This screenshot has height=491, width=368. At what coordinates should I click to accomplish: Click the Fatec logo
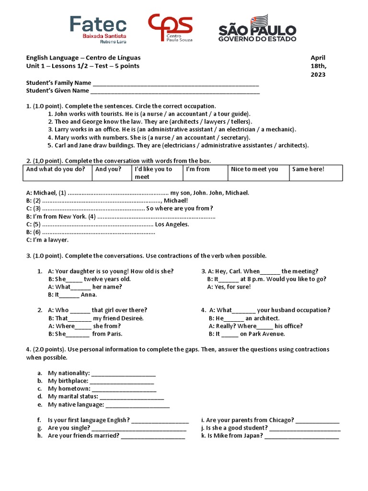[98, 29]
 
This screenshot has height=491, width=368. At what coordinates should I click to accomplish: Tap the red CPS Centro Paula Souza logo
[170, 28]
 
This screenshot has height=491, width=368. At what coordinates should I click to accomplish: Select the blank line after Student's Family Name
[176, 83]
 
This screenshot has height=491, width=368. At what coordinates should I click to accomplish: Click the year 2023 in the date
[318, 74]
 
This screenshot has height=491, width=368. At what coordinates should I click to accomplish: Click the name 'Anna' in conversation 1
[89, 295]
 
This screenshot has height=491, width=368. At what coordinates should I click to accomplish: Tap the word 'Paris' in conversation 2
[114, 334]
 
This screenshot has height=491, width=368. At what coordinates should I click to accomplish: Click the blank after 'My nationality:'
[123, 373]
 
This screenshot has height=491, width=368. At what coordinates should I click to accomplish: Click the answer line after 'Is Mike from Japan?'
[301, 436]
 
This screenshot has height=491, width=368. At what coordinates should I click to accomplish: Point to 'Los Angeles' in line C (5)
[172, 224]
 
